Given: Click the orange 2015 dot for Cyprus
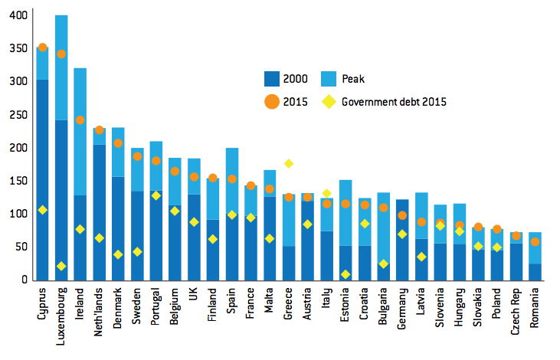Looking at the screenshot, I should point(43,47).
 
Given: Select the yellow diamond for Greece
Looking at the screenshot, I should point(289,163).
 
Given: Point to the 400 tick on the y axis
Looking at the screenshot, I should point(17,15).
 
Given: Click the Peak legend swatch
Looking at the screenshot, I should point(356,78).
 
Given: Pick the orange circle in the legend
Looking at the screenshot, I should point(270,101).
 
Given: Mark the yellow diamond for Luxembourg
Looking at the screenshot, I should point(61,266).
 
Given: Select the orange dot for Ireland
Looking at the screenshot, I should point(80,120).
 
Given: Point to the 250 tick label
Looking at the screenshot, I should point(17,114).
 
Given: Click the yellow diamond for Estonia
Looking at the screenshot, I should point(345,274).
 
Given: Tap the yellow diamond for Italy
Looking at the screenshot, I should point(326,194).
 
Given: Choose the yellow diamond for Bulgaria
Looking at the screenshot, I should point(383,263).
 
